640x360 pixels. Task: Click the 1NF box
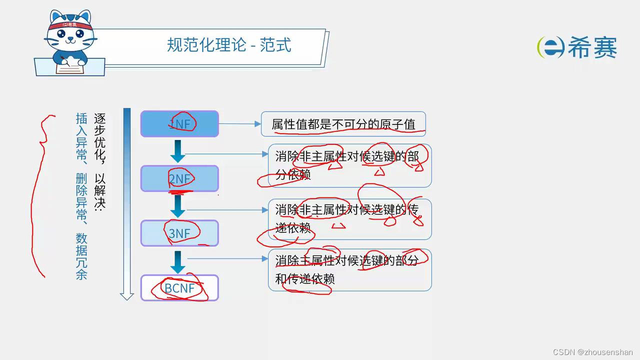click(x=179, y=123)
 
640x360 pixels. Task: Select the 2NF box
click(x=179, y=178)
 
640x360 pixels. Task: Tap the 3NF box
click(x=179, y=233)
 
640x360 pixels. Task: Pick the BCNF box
click(x=179, y=288)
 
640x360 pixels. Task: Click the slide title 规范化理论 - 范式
click(x=229, y=45)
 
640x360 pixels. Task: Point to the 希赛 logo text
click(x=592, y=48)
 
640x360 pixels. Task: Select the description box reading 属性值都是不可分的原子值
click(x=343, y=124)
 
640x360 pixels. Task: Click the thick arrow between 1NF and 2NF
click(x=177, y=151)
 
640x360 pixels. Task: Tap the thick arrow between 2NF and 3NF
click(x=177, y=205)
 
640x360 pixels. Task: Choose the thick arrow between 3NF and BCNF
click(x=177, y=260)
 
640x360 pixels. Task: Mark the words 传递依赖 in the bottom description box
click(x=310, y=278)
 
